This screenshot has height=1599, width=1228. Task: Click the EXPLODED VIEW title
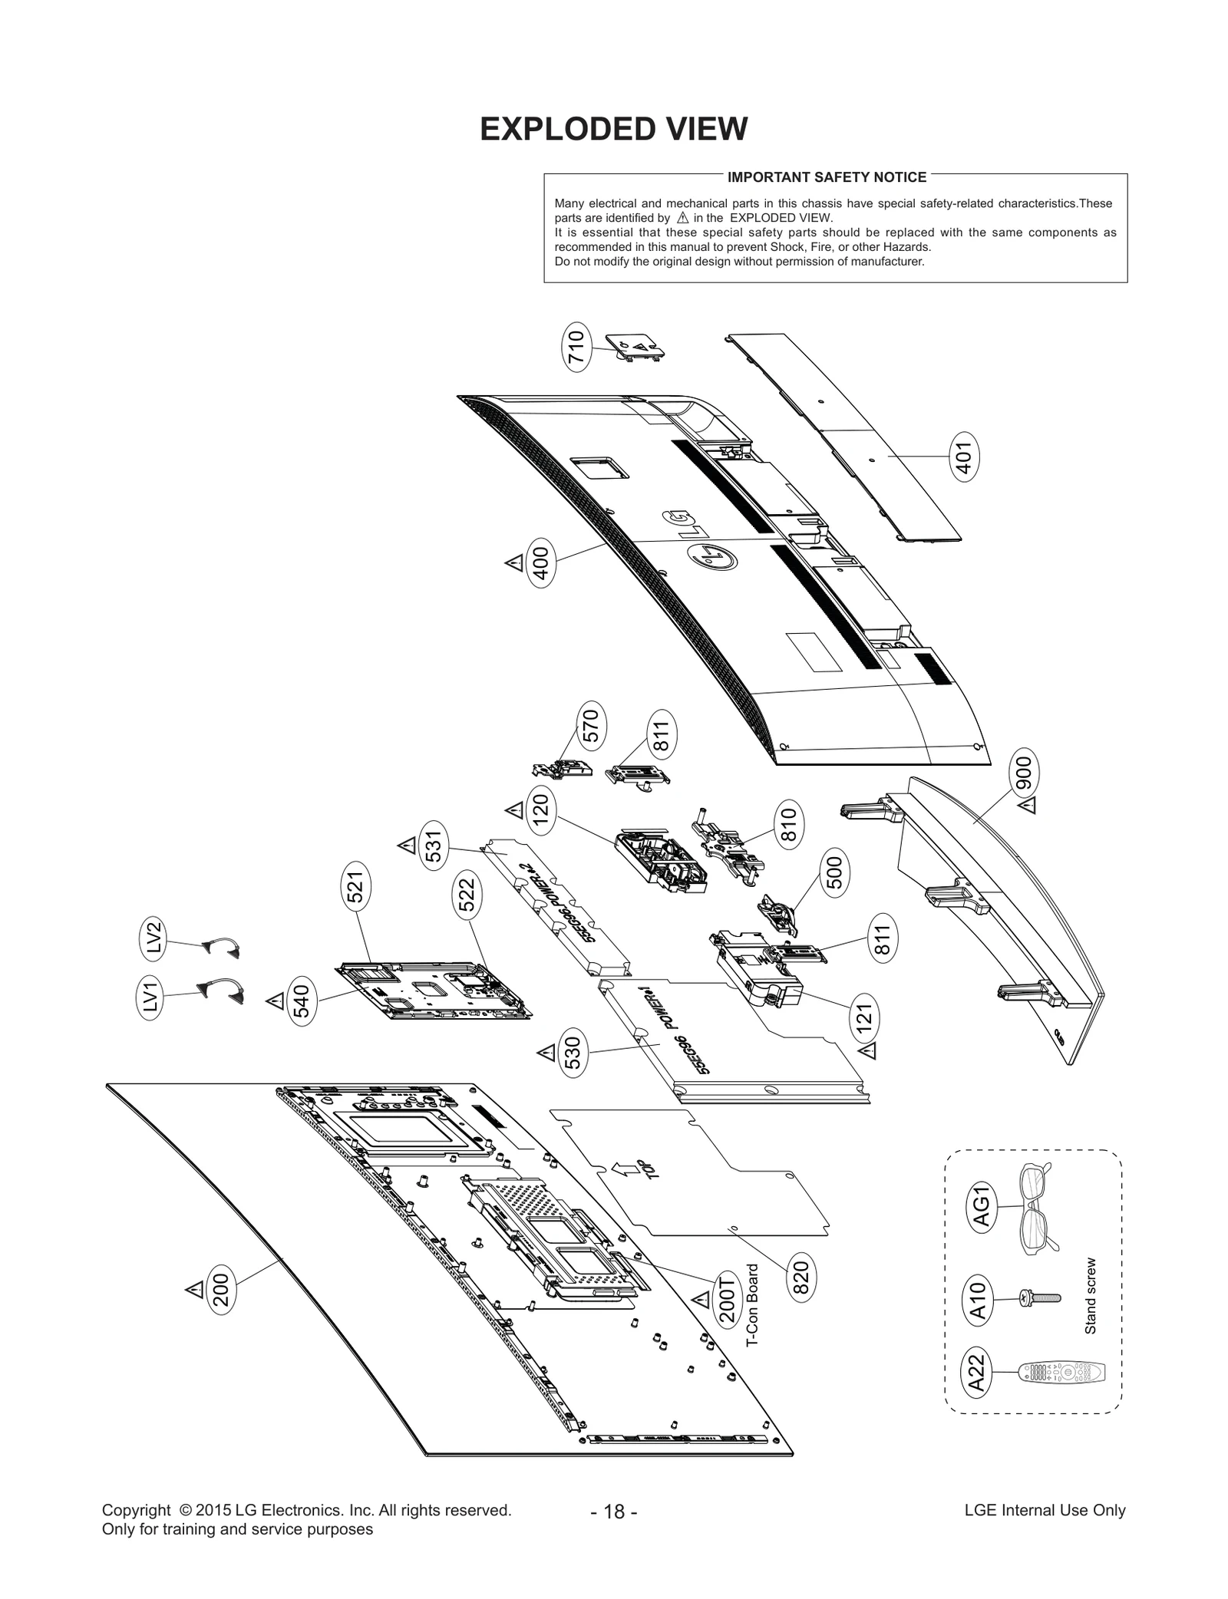[613, 129]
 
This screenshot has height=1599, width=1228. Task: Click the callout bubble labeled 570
[591, 725]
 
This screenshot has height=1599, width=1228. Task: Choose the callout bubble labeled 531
[433, 846]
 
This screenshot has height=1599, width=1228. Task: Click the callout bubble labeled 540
[302, 1001]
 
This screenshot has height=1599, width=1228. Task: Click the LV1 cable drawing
[220, 989]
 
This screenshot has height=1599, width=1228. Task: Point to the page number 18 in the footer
[614, 1512]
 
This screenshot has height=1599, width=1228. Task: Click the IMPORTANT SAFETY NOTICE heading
[827, 177]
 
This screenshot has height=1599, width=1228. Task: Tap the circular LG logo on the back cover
[713, 556]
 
